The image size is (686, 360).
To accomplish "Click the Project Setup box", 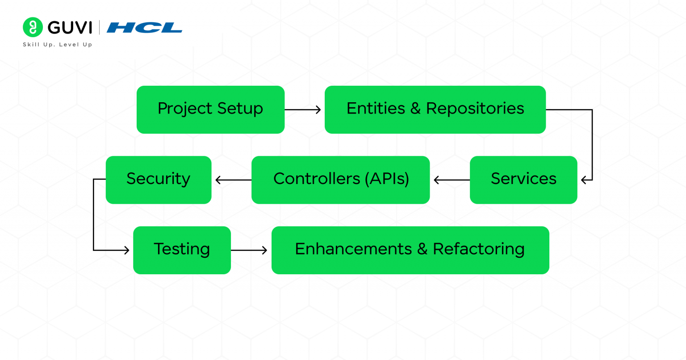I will click(210, 109).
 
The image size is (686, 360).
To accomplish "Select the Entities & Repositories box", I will click(435, 109).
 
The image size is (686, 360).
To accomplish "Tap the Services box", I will click(523, 180).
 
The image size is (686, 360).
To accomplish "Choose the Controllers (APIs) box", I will click(340, 180).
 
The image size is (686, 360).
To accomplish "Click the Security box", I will click(159, 180).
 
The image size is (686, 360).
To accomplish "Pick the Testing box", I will click(182, 250).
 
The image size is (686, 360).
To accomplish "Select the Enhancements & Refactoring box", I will click(410, 250).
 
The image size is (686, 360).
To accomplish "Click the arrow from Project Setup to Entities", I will click(303, 109).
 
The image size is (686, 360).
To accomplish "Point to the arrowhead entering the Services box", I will click(584, 180).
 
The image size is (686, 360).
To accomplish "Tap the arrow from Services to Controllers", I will click(451, 180).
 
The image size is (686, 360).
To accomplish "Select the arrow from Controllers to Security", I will click(233, 180).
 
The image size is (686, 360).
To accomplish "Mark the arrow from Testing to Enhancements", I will click(249, 250).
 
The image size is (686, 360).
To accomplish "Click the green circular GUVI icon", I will click(33, 27).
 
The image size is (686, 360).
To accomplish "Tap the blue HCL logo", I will click(144, 28).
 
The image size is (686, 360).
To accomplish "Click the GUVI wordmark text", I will click(70, 28).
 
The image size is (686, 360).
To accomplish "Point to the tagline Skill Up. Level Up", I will click(57, 45).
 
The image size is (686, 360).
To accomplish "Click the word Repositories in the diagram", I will click(475, 109).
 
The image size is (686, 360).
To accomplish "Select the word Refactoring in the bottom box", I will click(478, 249).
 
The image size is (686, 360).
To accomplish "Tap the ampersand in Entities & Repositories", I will click(415, 109).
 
